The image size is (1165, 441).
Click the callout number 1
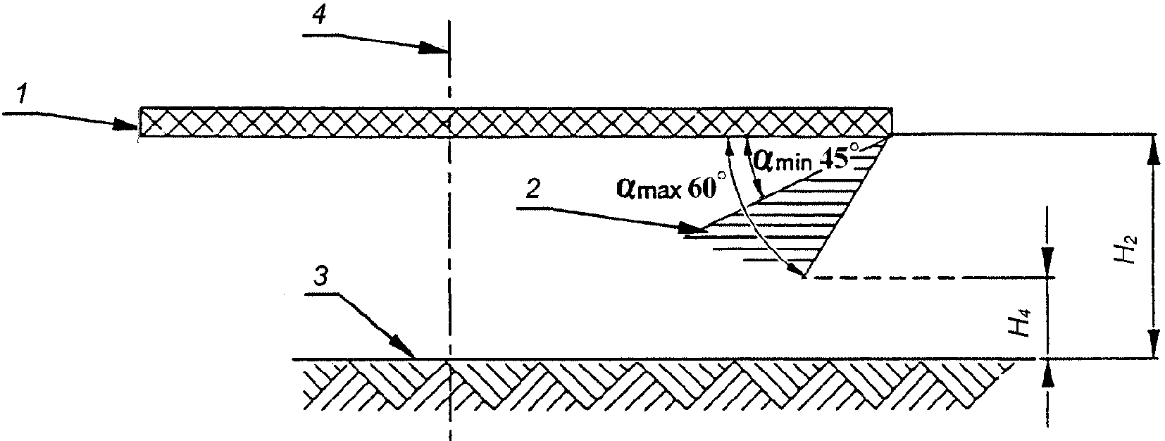(x=21, y=96)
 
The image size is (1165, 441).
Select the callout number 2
(x=533, y=190)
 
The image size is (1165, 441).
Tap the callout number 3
(x=321, y=276)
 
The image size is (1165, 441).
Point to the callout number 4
(x=319, y=16)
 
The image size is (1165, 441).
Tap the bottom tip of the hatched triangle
(x=804, y=277)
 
